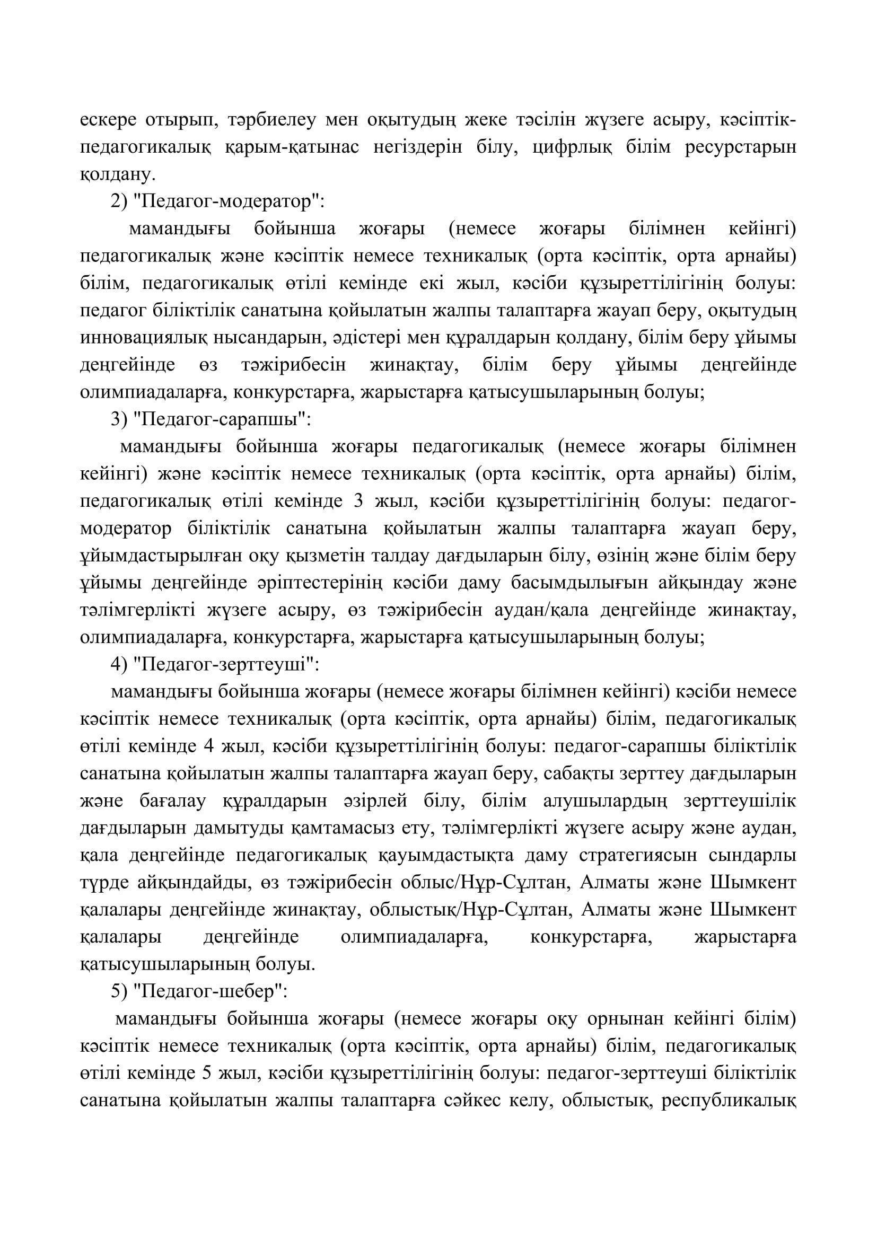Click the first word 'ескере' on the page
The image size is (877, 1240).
(106, 120)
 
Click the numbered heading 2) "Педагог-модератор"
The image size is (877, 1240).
(216, 202)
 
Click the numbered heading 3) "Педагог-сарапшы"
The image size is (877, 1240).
(211, 420)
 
